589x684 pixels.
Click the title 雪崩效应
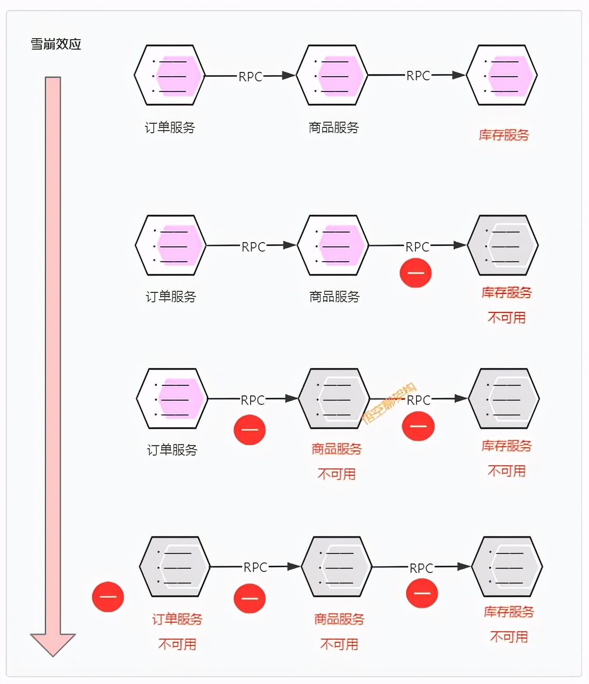pos(56,44)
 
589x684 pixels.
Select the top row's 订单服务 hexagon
pos(169,76)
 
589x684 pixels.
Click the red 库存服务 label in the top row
pos(503,135)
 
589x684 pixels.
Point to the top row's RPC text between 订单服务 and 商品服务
pos(250,77)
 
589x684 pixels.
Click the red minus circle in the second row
pos(416,273)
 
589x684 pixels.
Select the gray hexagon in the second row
pos(503,245)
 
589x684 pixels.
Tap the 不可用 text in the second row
pos(507,318)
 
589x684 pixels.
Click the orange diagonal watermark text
pos(390,404)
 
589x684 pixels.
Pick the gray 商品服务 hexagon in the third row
pos(334,399)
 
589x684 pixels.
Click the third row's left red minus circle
pos(250,429)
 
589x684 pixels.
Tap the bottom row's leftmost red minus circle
pos(108,597)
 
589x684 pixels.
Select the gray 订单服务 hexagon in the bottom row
pos(174,567)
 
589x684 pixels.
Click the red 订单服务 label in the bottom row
pos(177,619)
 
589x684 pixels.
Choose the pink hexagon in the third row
pos(172,399)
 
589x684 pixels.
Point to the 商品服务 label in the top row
pos(334,127)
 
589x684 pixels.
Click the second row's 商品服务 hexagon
pos(333,245)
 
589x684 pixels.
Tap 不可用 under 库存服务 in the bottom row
pos(509,637)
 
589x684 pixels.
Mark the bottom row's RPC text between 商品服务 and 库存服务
pos(421,568)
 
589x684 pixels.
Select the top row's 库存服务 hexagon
pos(502,76)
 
